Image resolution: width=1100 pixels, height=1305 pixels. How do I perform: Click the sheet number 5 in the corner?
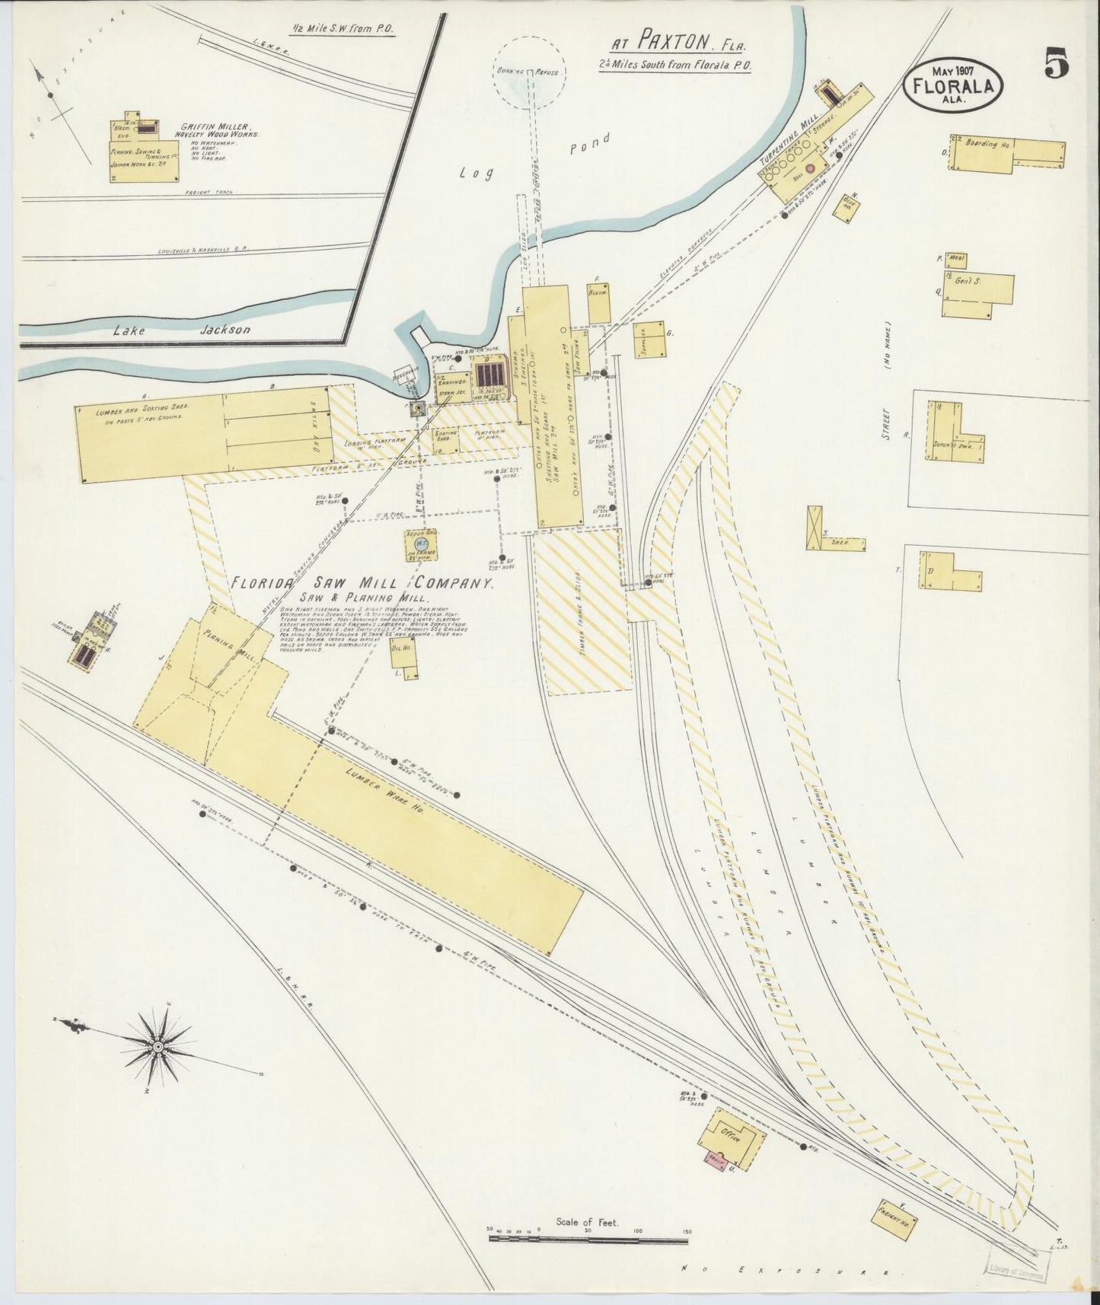(1056, 63)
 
